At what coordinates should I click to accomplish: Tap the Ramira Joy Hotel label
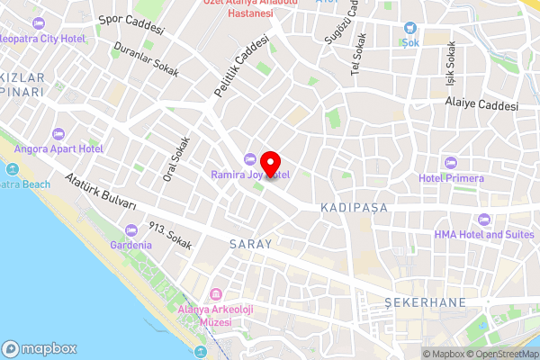point(261,175)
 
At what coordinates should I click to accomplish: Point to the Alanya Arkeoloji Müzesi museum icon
point(216,295)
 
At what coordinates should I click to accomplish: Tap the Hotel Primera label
point(451,177)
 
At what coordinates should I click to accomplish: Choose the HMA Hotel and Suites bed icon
point(484,219)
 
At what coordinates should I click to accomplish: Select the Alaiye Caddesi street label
point(481,104)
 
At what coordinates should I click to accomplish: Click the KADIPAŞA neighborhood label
point(353,208)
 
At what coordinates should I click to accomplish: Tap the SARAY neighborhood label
point(250,245)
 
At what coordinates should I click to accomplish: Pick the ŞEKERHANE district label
point(415,301)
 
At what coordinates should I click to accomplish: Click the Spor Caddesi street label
point(131,23)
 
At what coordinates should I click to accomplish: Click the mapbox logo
point(40,348)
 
